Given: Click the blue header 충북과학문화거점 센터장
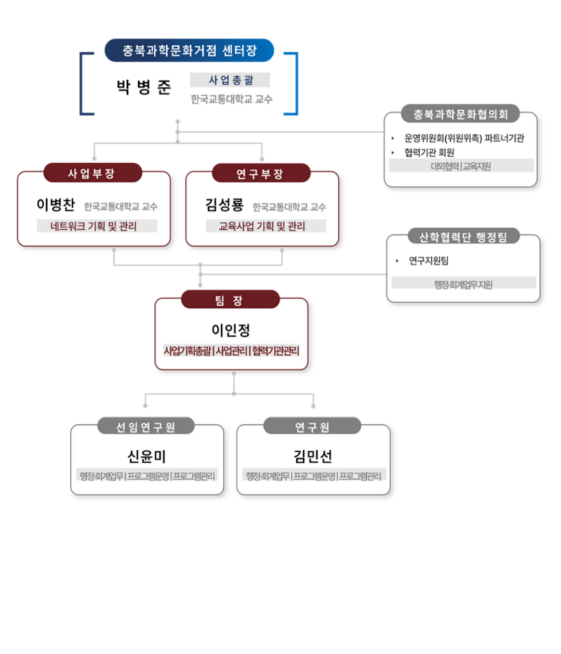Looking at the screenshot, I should (189, 50).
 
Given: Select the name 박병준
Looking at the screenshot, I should (143, 87).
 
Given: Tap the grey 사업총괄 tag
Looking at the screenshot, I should (230, 80).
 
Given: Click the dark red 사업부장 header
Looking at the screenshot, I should (92, 174).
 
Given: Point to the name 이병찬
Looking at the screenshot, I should (56, 205).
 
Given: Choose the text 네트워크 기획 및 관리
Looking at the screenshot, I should (94, 226).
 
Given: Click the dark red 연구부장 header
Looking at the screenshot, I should (260, 174).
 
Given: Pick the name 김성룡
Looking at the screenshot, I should (224, 205).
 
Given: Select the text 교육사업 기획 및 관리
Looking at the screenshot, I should (262, 226).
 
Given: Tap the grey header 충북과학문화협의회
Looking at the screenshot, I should (460, 114).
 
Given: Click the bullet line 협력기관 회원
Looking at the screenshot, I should (429, 152).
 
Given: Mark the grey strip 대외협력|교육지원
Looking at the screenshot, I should (461, 166).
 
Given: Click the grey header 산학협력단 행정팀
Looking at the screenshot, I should (463, 237).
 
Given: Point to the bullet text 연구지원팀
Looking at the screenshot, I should (429, 261).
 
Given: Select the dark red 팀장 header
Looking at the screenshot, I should (230, 300).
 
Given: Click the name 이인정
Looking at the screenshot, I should (231, 330).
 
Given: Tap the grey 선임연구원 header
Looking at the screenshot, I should (145, 427).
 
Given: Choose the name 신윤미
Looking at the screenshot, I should (146, 456).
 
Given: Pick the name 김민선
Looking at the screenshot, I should (313, 456).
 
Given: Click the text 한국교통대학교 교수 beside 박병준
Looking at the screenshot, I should (231, 99).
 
